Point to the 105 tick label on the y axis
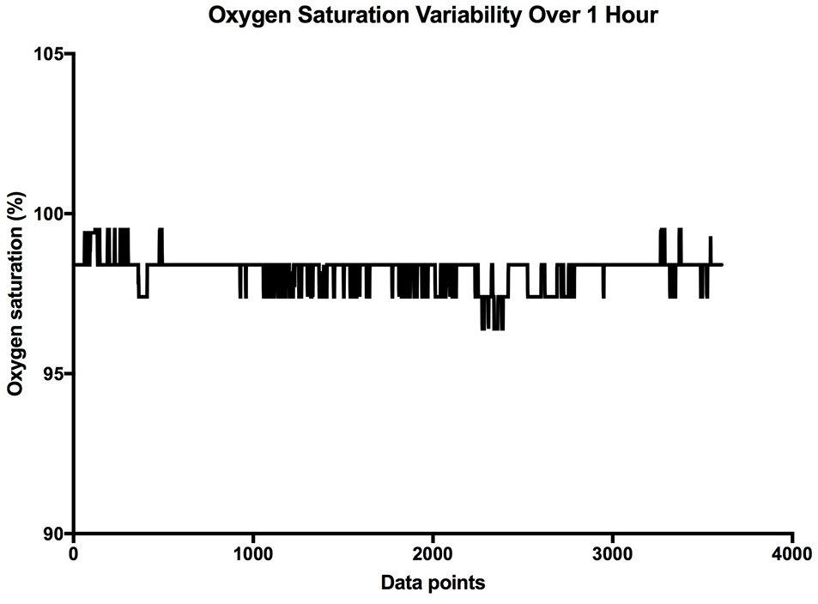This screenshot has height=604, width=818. click(51, 54)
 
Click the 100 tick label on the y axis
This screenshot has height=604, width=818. click(51, 214)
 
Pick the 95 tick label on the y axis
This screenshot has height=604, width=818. click(55, 374)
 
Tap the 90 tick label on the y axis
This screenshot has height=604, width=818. click(55, 534)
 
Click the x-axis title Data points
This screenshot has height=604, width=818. click(433, 584)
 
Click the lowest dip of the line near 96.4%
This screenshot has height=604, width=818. click(492, 329)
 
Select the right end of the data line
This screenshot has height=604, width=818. click(722, 265)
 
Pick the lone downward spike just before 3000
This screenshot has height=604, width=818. click(603, 296)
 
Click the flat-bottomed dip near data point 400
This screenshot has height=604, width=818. click(143, 297)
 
